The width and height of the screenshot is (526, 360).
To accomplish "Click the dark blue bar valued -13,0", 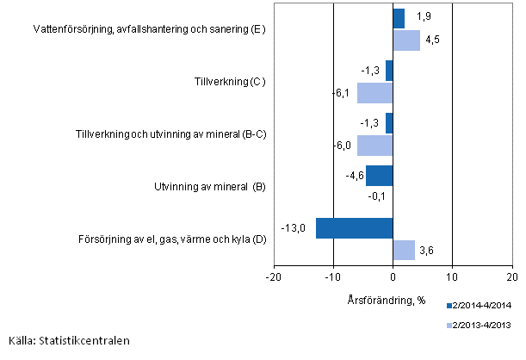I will click(354, 228).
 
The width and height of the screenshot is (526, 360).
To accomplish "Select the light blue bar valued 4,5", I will click(406, 40).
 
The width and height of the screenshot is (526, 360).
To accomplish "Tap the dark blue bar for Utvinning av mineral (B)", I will click(379, 175).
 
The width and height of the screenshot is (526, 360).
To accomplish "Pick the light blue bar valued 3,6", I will click(404, 250).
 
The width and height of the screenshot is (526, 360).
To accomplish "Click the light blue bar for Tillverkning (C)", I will click(374, 93).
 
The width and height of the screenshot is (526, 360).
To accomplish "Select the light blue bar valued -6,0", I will click(374, 146).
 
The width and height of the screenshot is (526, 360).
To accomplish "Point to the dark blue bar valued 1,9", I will click(399, 19).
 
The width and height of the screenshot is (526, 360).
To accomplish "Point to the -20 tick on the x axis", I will click(273, 277).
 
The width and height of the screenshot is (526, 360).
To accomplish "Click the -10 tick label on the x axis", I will click(332, 277).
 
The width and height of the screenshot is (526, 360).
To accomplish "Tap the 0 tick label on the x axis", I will click(393, 277).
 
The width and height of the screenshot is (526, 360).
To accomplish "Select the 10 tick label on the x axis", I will click(452, 277).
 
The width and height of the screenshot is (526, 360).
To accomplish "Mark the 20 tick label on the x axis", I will click(511, 277).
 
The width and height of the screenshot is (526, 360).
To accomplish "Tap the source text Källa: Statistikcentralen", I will click(69, 340).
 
